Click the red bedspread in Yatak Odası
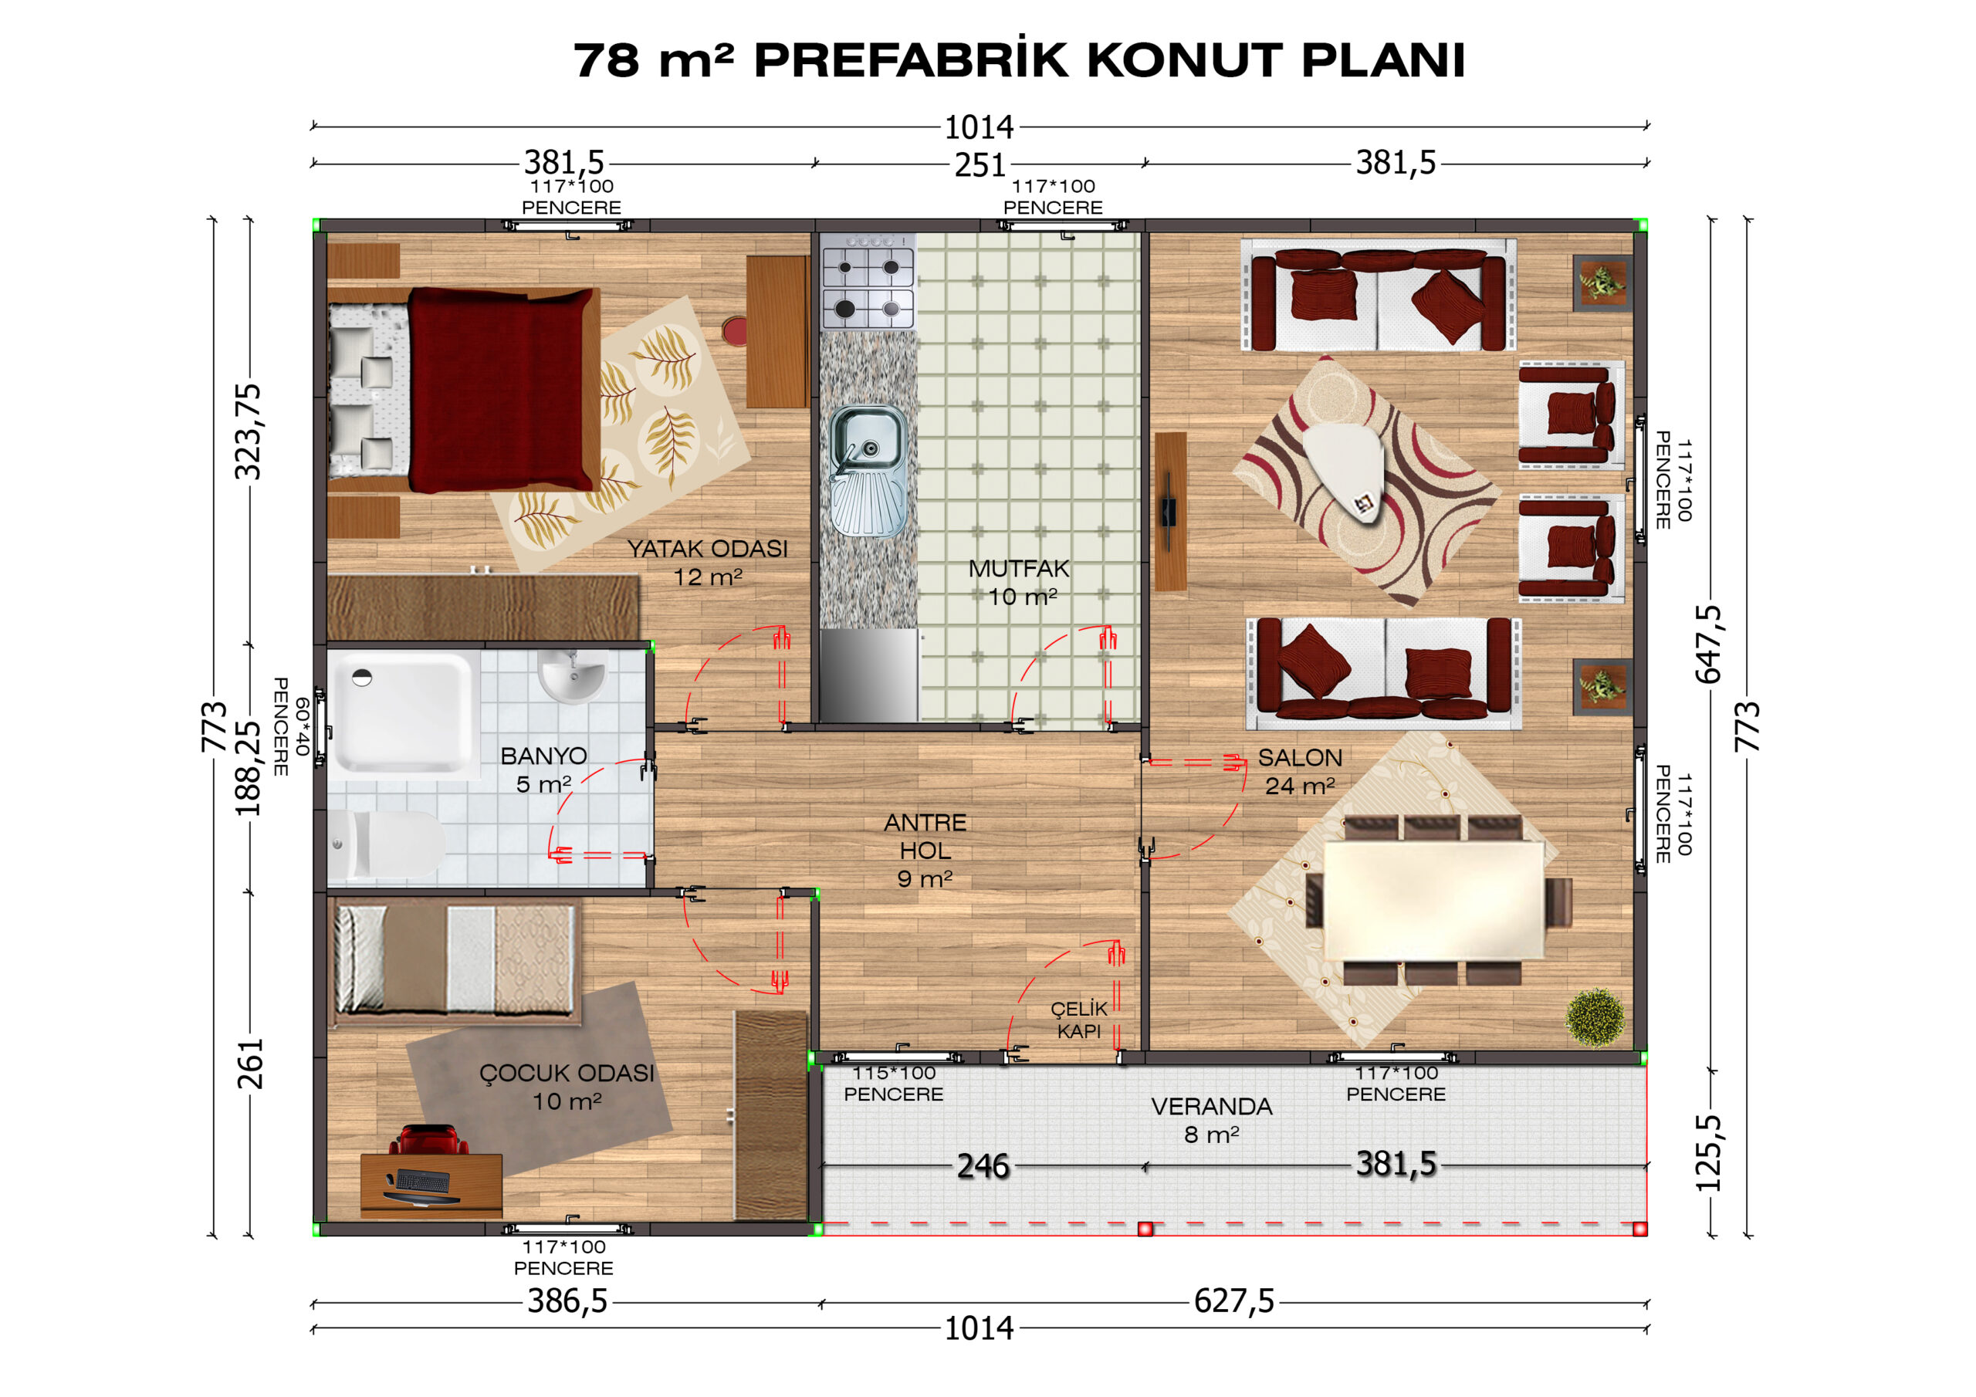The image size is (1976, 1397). (501, 389)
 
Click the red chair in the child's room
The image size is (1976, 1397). (428, 1140)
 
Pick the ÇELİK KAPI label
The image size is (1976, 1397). (1078, 1020)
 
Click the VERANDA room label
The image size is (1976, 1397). (1211, 1106)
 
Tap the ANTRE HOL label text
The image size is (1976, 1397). (925, 837)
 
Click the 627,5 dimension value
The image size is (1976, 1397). (1233, 1301)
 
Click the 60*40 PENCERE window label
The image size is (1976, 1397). (291, 726)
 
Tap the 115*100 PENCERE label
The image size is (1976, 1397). (893, 1084)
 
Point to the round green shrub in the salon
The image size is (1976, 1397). (1595, 1016)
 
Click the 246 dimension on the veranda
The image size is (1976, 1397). (983, 1166)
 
